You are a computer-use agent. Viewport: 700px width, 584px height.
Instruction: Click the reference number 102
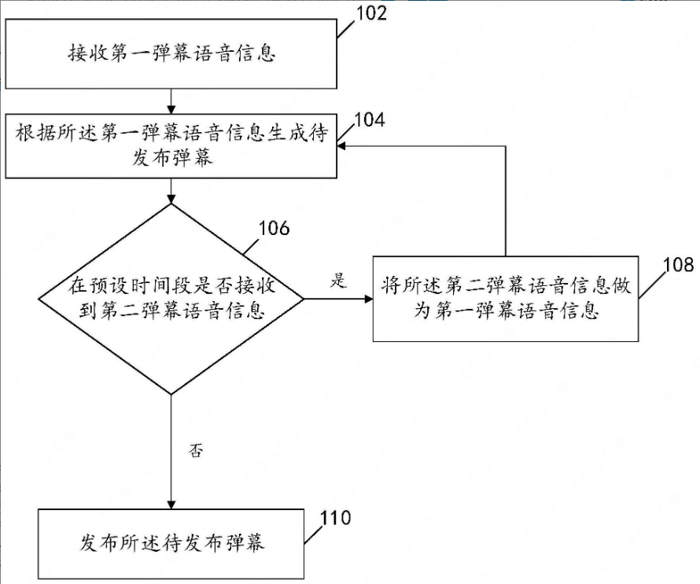371,13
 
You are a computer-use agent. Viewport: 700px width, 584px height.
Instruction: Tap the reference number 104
370,119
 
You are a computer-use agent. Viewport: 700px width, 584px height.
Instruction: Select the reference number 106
274,228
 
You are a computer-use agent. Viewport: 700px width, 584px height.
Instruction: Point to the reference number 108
679,265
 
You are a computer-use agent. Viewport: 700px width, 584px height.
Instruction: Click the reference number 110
336,518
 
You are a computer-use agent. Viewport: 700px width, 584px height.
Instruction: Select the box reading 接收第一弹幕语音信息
171,53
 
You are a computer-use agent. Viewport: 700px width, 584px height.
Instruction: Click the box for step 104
171,146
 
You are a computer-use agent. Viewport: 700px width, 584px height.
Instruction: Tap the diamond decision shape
171,299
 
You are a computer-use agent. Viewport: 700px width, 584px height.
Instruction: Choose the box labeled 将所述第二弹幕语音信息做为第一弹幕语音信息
506,299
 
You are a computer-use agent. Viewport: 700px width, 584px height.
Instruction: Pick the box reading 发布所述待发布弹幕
171,544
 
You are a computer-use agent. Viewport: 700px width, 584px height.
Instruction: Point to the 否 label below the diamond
196,450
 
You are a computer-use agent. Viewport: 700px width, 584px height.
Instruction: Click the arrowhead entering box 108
368,299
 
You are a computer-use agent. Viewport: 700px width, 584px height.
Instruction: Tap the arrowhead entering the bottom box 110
171,505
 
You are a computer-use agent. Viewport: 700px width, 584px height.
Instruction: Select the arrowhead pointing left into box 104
341,146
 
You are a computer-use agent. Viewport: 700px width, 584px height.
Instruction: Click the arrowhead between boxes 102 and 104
171,109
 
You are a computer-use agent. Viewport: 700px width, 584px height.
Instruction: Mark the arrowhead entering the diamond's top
171,199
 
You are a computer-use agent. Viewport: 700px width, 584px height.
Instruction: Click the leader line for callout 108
651,285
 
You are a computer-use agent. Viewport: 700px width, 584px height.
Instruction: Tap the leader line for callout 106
252,246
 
